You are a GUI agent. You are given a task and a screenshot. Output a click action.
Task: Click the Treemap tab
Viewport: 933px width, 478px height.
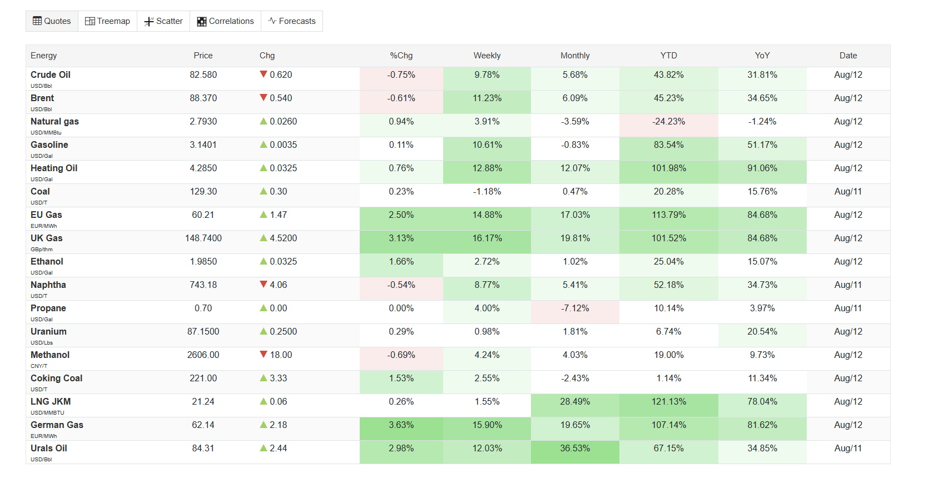(107, 21)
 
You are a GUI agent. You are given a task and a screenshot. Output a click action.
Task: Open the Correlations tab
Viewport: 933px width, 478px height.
(225, 21)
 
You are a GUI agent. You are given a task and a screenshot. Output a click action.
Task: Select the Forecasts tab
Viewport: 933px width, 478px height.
(292, 21)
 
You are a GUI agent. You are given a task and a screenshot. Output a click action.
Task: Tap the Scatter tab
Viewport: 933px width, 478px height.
(163, 21)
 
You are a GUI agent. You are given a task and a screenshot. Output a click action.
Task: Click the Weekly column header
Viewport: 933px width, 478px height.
(487, 56)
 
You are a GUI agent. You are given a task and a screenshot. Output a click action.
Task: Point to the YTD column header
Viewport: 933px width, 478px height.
(668, 56)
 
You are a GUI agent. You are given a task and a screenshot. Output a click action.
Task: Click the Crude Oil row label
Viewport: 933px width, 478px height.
(51, 75)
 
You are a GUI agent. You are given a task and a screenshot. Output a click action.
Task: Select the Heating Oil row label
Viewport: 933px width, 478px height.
(54, 168)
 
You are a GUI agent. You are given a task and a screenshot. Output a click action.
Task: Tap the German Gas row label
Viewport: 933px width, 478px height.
(57, 425)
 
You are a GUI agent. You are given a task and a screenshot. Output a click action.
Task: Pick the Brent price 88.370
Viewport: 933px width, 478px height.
(204, 98)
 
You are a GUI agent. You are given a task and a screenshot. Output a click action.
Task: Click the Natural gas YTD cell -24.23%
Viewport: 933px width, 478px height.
(668, 122)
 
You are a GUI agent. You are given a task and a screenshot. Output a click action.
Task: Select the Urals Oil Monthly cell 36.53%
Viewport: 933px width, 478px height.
(575, 449)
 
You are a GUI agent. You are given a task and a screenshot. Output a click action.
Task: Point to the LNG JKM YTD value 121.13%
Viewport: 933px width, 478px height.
(668, 402)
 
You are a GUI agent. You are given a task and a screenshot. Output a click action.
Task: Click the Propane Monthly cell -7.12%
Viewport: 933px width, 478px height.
(575, 308)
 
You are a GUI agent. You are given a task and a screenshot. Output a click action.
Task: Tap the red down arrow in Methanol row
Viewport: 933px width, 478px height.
(263, 355)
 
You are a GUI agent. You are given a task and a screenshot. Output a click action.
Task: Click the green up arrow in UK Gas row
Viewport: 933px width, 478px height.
(263, 238)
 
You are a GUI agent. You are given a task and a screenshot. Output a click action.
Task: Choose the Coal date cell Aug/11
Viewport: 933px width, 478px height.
(848, 192)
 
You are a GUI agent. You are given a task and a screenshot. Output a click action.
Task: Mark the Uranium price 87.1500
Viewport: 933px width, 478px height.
(204, 332)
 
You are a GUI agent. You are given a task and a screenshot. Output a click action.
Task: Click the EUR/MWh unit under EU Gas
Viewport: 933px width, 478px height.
(44, 226)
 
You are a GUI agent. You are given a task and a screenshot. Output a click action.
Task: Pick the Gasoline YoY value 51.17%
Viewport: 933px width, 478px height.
(762, 145)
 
